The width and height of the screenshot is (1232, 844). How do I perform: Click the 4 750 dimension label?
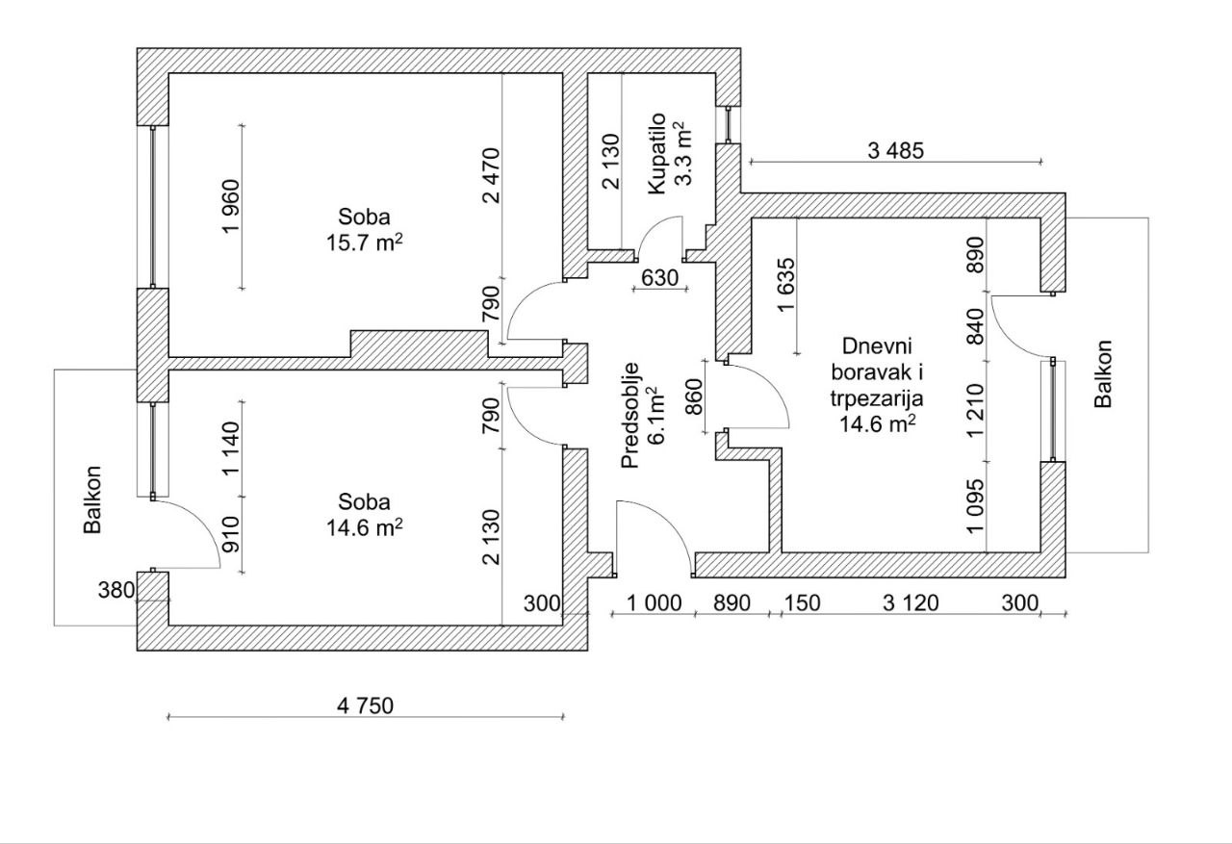(x=365, y=705)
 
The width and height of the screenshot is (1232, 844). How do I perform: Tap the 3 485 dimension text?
(x=896, y=151)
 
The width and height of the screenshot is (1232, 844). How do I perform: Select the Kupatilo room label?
(x=657, y=153)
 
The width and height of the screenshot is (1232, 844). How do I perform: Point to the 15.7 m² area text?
(x=364, y=242)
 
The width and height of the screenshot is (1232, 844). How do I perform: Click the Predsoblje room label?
(x=630, y=415)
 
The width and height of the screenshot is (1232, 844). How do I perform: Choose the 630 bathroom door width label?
(x=660, y=278)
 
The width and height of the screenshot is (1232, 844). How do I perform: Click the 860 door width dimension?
(x=694, y=396)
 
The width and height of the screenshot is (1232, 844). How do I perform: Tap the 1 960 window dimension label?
(x=232, y=206)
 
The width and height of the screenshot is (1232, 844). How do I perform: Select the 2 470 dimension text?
(x=491, y=176)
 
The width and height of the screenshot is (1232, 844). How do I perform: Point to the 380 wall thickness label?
(x=116, y=590)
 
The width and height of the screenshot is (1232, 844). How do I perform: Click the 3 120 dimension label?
(x=911, y=603)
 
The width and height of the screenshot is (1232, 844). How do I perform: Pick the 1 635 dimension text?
(x=786, y=284)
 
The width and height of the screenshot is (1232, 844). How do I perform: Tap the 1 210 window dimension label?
(x=976, y=410)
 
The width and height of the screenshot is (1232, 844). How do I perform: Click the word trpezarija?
(x=877, y=398)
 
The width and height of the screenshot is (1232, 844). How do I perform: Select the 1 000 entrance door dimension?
(x=654, y=603)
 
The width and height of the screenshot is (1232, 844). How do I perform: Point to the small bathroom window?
(x=728, y=125)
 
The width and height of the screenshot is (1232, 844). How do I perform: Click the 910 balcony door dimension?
(x=232, y=534)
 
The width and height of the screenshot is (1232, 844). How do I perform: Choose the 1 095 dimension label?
(x=976, y=506)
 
